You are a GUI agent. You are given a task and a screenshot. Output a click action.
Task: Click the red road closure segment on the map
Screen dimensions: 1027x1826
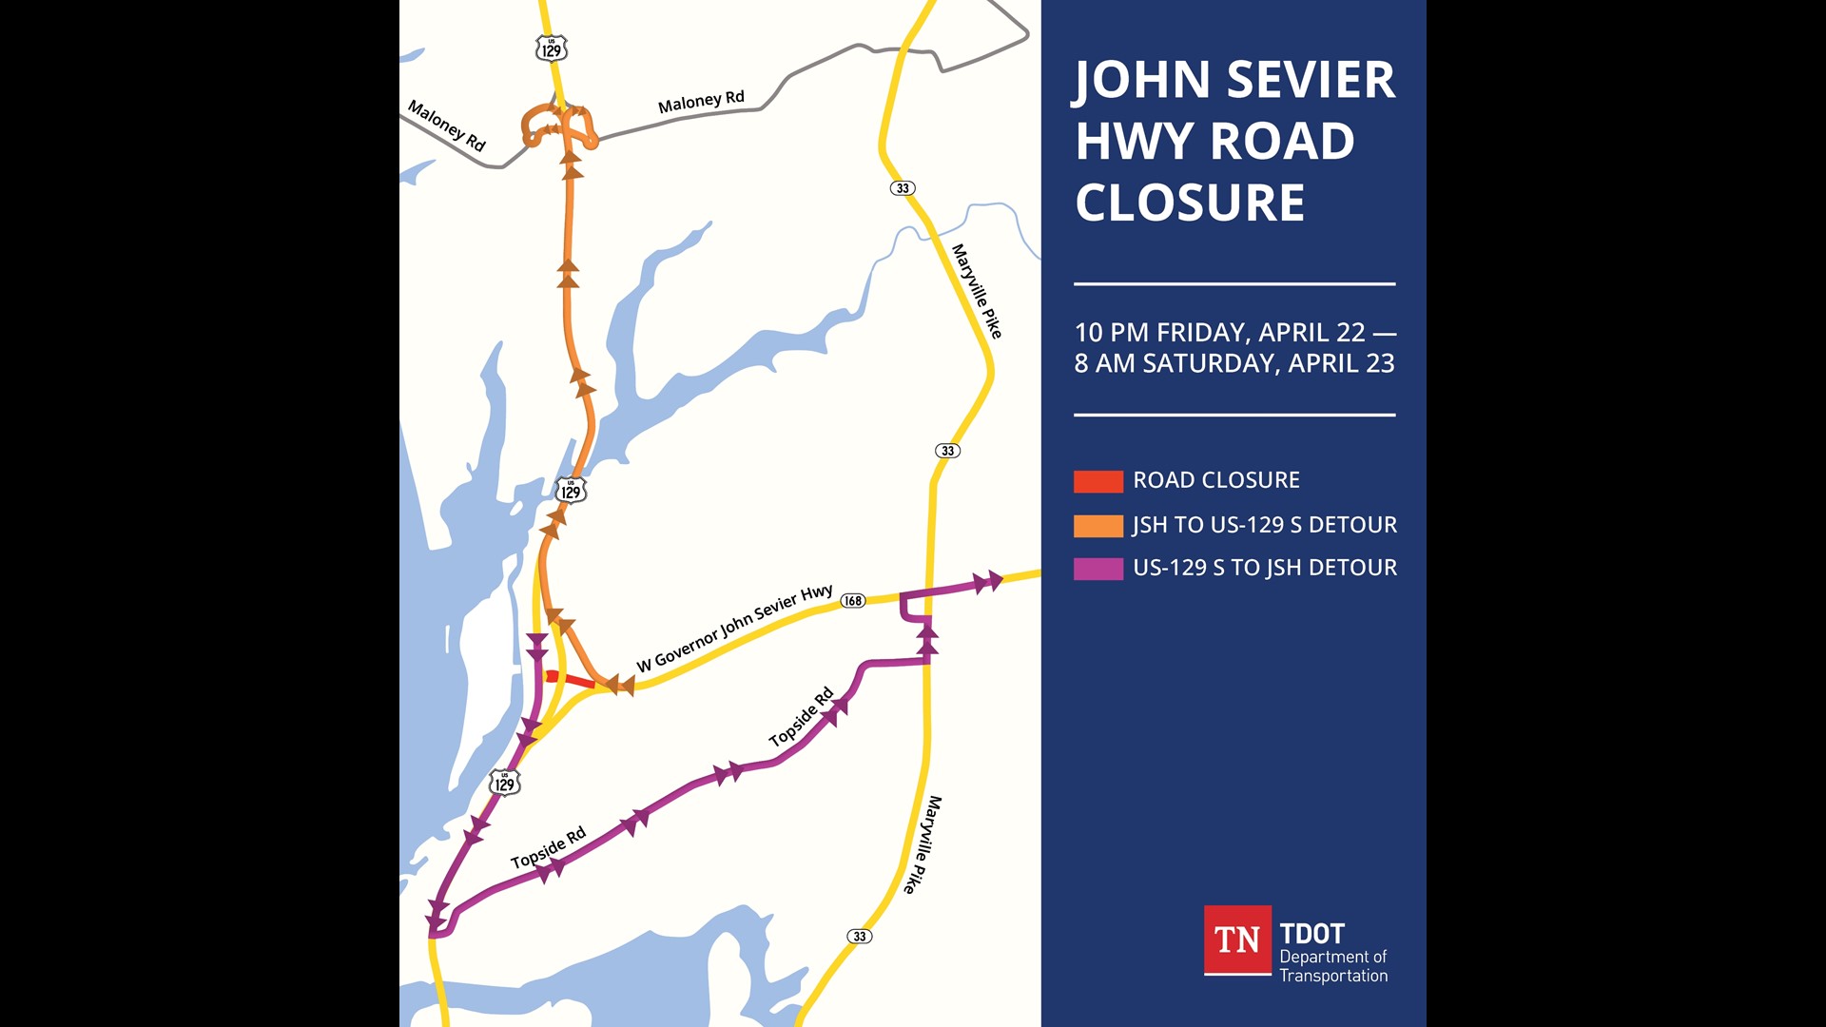(x=571, y=679)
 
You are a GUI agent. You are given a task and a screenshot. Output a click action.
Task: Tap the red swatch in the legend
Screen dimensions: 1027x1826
(x=1098, y=481)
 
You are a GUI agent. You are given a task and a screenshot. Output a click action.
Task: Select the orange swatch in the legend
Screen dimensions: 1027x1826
(x=1098, y=526)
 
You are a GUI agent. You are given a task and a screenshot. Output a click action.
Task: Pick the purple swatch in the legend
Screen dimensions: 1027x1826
(x=1098, y=569)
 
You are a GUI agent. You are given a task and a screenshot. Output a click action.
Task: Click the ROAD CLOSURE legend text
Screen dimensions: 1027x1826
(x=1215, y=480)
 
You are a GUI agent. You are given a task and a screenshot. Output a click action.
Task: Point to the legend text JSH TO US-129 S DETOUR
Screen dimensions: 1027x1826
(x=1264, y=525)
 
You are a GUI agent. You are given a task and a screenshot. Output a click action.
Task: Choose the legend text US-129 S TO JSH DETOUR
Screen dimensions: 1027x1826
(x=1264, y=568)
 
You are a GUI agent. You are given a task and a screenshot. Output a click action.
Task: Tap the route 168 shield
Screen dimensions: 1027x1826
(x=853, y=601)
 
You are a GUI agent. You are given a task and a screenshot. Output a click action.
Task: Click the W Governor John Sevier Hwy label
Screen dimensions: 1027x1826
(x=734, y=629)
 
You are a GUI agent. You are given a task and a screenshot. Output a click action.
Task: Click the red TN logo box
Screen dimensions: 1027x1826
(x=1237, y=940)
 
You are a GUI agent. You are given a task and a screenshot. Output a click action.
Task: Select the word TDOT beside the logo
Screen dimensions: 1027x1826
(x=1311, y=934)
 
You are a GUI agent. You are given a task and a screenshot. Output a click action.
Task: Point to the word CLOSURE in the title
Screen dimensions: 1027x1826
(x=1190, y=203)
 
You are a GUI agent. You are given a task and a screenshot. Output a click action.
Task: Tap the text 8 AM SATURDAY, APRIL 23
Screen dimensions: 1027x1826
(x=1234, y=363)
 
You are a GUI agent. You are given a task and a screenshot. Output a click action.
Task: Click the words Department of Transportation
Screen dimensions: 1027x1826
(x=1332, y=966)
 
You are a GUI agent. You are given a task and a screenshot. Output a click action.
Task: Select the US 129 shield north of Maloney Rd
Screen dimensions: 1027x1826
(x=552, y=48)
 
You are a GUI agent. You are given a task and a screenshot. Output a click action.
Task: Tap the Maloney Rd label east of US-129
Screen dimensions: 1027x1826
(x=701, y=102)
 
